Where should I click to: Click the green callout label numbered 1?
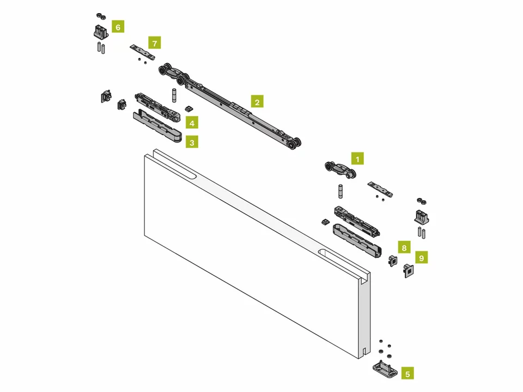click(357, 158)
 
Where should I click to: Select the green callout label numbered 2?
click(257, 102)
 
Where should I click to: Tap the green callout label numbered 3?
click(192, 142)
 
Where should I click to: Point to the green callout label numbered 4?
click(192, 123)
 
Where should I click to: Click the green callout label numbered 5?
click(408, 373)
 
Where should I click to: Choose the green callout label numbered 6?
click(118, 27)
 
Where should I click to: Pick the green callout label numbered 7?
click(154, 43)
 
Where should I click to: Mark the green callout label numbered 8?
click(404, 247)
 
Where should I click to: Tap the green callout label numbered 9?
click(422, 258)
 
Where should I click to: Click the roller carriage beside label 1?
click(340, 170)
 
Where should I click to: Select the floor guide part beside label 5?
click(385, 369)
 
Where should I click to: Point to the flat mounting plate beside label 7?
click(143, 52)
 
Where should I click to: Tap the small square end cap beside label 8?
click(393, 260)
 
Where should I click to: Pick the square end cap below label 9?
click(409, 271)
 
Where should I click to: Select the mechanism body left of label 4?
click(157, 107)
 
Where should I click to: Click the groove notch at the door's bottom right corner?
click(365, 351)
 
